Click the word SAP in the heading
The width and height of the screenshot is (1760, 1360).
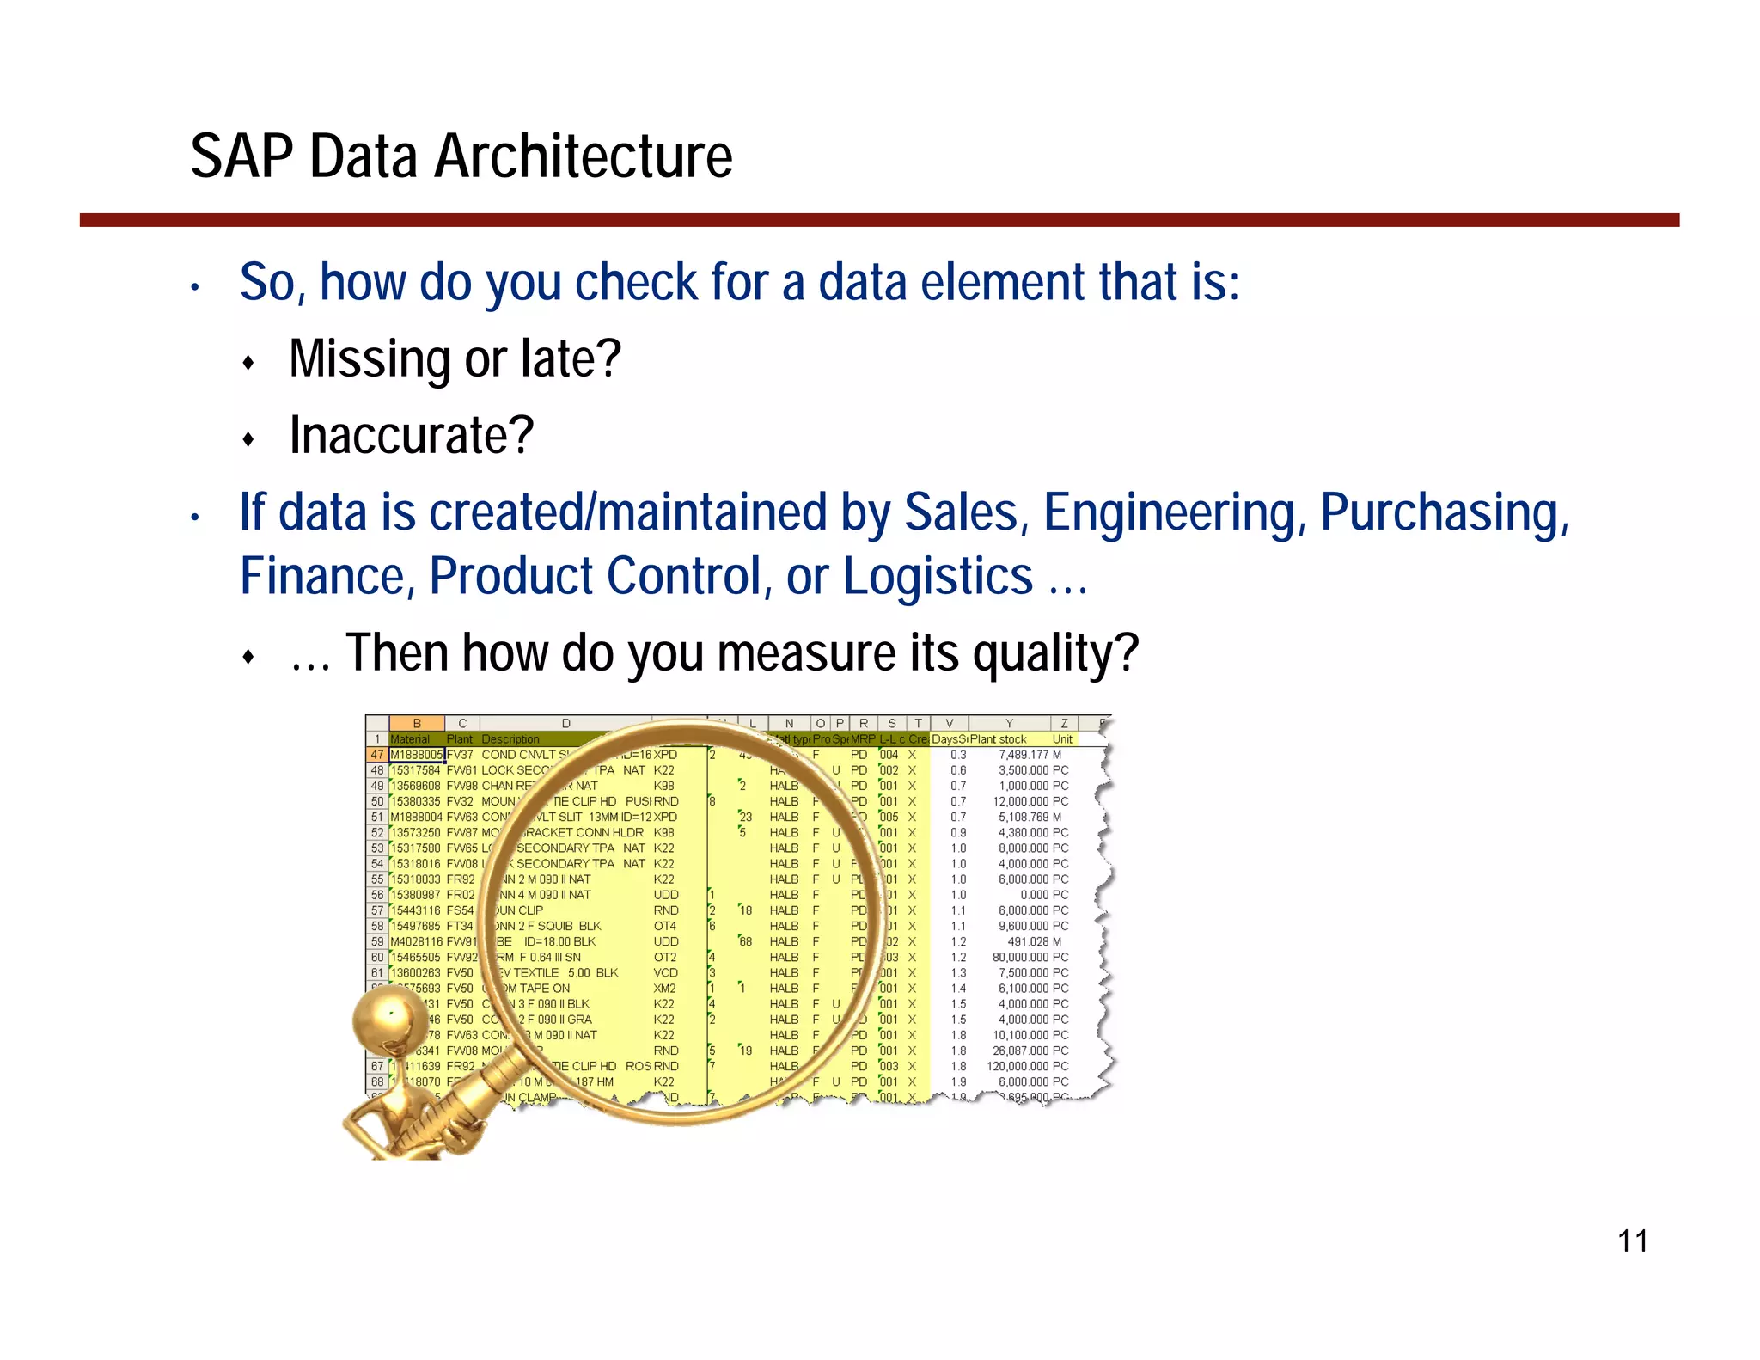click(x=241, y=157)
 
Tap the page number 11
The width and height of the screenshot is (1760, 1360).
click(x=1632, y=1241)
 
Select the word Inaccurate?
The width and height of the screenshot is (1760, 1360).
click(x=411, y=435)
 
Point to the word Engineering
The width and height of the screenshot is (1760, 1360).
click(x=1174, y=512)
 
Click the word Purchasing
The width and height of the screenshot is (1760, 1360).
click(x=1444, y=512)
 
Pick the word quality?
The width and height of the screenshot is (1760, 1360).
click(x=1055, y=653)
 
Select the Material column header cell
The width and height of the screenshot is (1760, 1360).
click(x=411, y=739)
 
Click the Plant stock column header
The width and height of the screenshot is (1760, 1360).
click(x=999, y=739)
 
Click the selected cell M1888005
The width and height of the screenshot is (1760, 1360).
click(x=417, y=755)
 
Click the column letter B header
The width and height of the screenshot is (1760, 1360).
click(x=417, y=724)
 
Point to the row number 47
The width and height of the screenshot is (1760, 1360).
click(x=377, y=755)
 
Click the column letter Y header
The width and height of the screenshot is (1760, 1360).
click(x=1009, y=724)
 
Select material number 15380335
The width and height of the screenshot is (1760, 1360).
click(x=416, y=801)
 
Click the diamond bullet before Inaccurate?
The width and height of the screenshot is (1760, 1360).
click(x=248, y=440)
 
